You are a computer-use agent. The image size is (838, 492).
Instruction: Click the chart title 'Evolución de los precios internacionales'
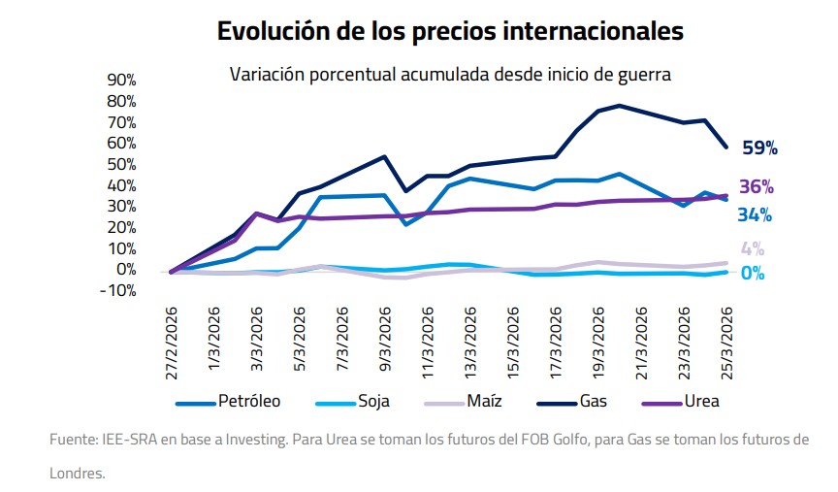(450, 32)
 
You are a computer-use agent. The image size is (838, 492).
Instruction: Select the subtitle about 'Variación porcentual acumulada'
(450, 74)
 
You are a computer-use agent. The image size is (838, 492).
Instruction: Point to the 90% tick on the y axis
(121, 80)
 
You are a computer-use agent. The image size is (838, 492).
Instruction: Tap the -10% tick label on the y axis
(119, 290)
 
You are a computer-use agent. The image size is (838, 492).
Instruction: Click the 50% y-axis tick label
(121, 164)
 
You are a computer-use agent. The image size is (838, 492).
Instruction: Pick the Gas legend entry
(593, 400)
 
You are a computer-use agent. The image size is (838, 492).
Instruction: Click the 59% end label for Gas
(759, 148)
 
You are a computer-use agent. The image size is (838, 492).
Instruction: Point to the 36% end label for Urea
(757, 187)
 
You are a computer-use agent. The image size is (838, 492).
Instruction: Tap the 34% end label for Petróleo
(755, 214)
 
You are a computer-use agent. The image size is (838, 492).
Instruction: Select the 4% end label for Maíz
(753, 249)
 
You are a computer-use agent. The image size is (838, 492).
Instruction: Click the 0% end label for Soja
(753, 274)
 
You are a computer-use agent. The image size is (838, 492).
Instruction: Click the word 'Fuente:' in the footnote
(73, 440)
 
